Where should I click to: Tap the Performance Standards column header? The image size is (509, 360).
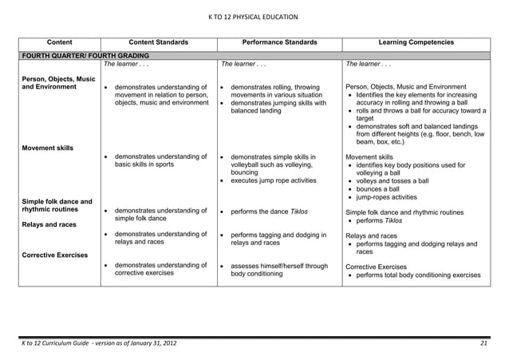point(278,42)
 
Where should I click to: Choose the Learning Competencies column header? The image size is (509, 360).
point(416,42)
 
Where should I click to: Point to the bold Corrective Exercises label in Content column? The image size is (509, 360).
point(54,256)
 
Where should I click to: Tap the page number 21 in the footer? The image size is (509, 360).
point(483,343)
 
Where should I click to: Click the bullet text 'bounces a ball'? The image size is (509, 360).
point(381,189)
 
